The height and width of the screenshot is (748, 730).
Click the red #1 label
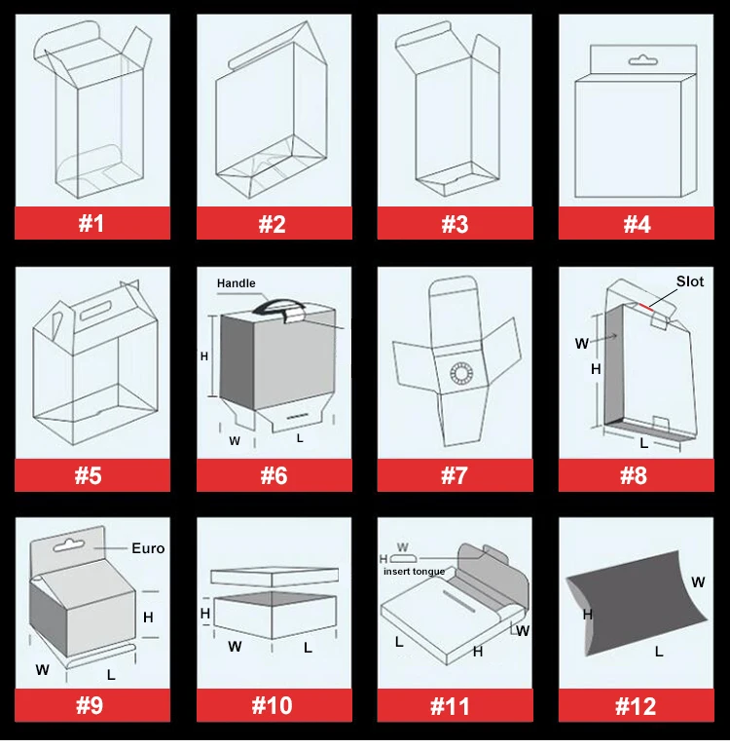coord(92,223)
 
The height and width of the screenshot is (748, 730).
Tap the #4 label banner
coord(636,223)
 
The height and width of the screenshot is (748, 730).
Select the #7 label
coord(455,475)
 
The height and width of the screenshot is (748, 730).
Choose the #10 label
coord(274,705)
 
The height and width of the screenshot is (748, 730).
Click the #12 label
coord(636,705)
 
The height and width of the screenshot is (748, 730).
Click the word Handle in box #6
coord(236,283)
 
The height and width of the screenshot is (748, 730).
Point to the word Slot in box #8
coord(690,281)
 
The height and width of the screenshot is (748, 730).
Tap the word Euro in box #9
coord(148,548)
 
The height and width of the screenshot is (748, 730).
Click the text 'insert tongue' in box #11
coord(414,572)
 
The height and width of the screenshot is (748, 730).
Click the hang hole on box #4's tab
coord(643,61)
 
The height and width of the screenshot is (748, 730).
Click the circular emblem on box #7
coord(461,373)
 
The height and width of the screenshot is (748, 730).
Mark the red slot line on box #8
coord(646,307)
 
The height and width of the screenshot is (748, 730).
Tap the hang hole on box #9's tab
coord(69,545)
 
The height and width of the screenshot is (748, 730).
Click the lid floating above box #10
coord(274,577)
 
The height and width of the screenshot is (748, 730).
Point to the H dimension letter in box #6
coord(204,356)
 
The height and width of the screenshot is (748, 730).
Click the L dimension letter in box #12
coord(659,652)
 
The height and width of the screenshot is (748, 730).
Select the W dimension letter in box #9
coord(43,670)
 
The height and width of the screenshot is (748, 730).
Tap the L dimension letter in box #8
coord(643,443)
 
